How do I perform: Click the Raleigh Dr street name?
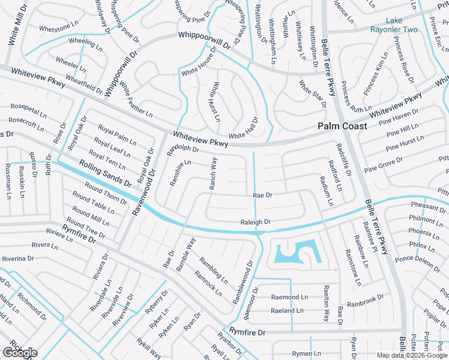click(255, 221)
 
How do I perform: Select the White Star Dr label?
click(312, 92)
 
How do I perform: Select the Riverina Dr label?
click(17, 259)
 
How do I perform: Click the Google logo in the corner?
click(20, 352)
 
